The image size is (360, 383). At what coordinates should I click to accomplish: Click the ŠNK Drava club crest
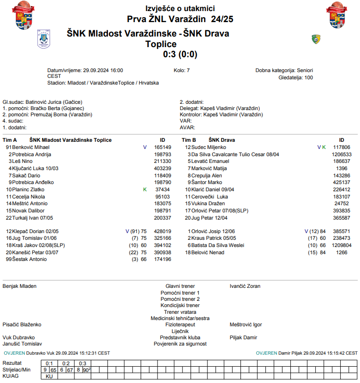tap(315, 38)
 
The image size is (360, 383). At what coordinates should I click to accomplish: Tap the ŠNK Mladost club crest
tap(43, 38)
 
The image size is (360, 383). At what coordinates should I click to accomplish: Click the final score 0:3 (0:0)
tap(180, 54)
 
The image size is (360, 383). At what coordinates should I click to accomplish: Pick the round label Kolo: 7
tap(181, 70)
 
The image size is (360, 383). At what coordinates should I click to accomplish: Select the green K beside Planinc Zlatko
tap(144, 189)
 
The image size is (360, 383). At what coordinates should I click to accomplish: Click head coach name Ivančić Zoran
tap(245, 286)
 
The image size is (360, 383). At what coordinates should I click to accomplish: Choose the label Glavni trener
tap(180, 286)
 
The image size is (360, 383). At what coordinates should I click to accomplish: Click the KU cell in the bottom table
tap(49, 376)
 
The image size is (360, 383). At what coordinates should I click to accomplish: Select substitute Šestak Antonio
tap(30, 259)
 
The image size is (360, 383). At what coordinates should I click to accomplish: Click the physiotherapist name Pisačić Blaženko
tap(23, 324)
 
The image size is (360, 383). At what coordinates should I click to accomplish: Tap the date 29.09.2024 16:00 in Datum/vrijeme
tap(103, 70)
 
